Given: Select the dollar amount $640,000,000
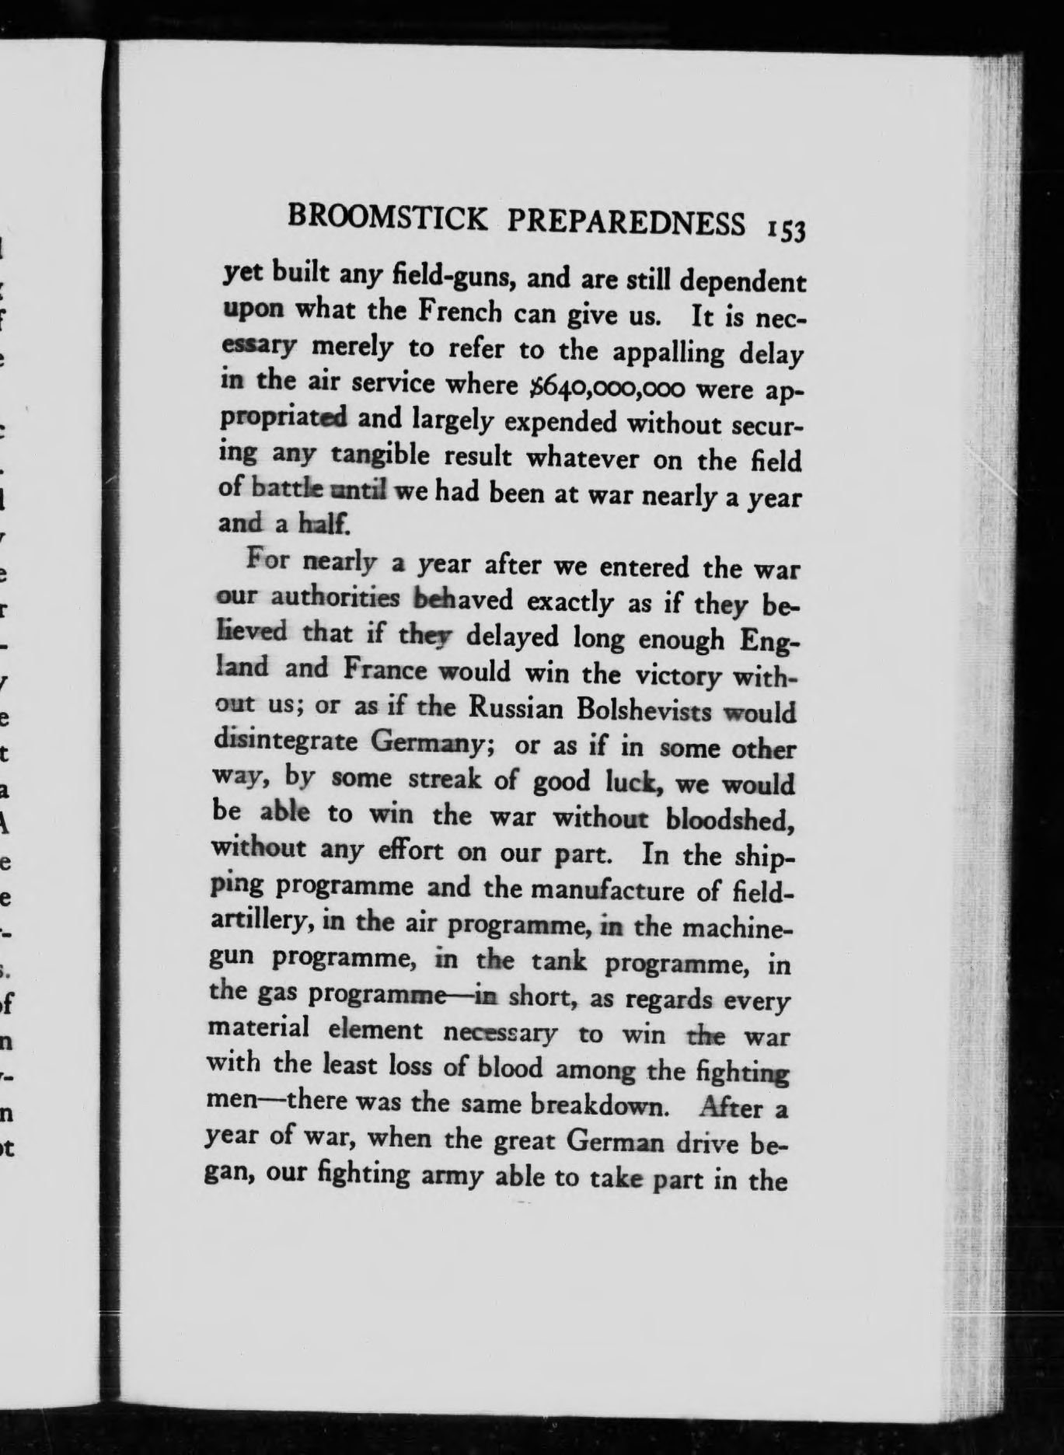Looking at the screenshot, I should pyautogui.click(x=605, y=386).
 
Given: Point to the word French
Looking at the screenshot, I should pyautogui.click(x=460, y=312).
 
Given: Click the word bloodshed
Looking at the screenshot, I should pyautogui.click(x=731, y=818).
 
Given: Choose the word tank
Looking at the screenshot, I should pyautogui.click(x=557, y=961).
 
